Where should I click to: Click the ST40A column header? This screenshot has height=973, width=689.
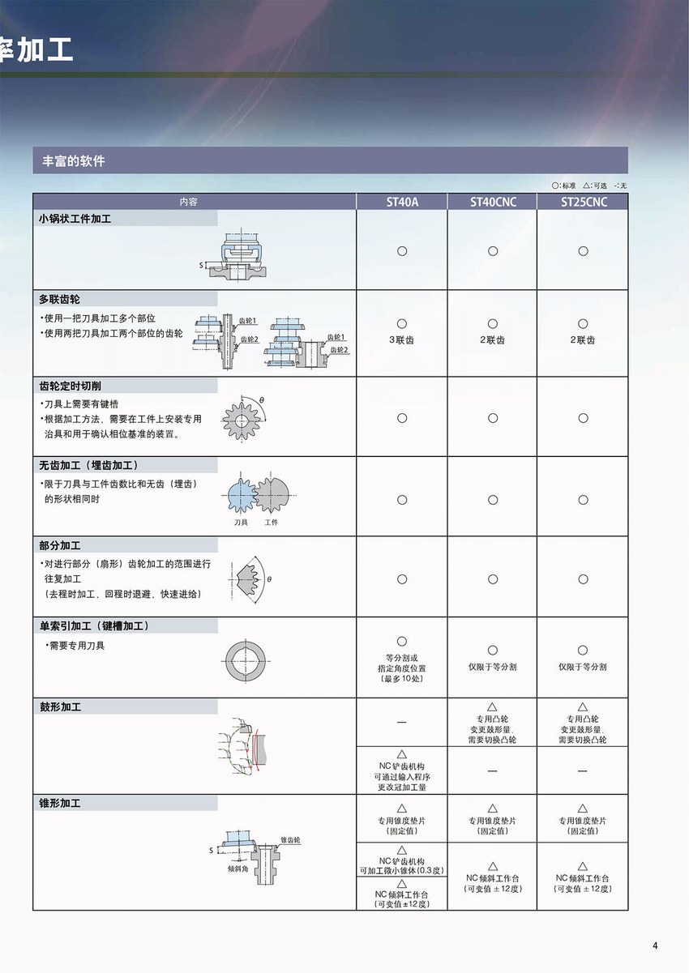pyautogui.click(x=402, y=202)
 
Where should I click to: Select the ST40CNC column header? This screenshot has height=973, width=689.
pyautogui.click(x=492, y=202)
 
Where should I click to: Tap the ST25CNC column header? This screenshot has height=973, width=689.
pyautogui.click(x=583, y=202)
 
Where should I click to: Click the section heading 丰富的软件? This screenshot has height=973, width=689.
pyautogui.click(x=74, y=161)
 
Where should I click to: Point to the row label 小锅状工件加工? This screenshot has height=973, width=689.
pyautogui.click(x=75, y=219)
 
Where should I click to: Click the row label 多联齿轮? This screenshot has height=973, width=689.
pyautogui.click(x=59, y=299)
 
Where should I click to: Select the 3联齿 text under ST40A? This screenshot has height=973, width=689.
pyautogui.click(x=401, y=340)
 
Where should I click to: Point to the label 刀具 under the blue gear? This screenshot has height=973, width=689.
pyautogui.click(x=241, y=523)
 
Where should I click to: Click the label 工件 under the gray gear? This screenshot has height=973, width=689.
pyautogui.click(x=272, y=523)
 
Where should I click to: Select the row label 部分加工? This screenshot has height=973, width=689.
pyautogui.click(x=59, y=545)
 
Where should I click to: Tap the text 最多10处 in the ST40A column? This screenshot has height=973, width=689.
pyautogui.click(x=402, y=678)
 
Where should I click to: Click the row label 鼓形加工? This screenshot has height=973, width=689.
pyautogui.click(x=59, y=706)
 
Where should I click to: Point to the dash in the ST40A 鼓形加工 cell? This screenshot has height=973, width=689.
pyautogui.click(x=402, y=723)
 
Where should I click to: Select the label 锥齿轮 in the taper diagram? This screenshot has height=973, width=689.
pyautogui.click(x=290, y=840)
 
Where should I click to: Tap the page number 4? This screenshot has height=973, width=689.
pyautogui.click(x=655, y=945)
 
